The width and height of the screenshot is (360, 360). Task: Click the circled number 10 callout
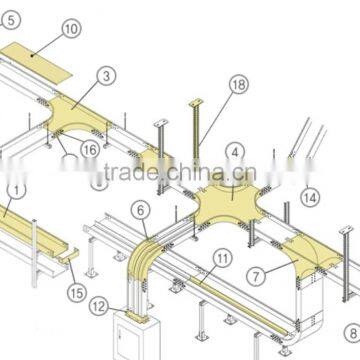point(70,29)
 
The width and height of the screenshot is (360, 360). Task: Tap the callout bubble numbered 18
point(238,87)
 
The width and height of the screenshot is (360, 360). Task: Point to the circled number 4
point(234,153)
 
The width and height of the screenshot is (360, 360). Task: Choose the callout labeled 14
point(311,197)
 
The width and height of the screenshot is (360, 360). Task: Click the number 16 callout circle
point(90,149)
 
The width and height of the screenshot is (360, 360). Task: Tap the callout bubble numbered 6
point(142,210)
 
